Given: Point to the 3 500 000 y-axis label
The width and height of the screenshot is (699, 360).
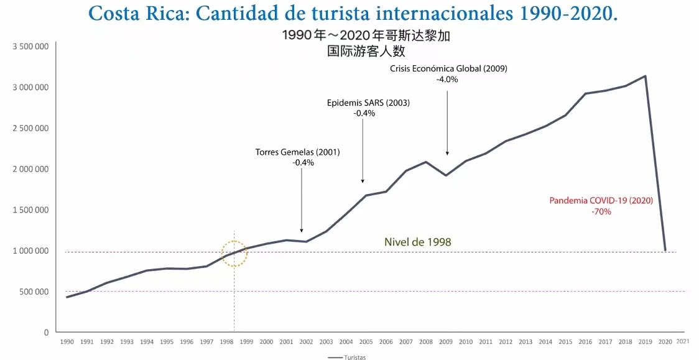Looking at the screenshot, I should point(30,47).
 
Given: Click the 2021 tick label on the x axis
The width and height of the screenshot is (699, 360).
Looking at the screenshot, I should point(682,341).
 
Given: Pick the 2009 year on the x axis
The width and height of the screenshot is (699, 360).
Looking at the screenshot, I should point(446,342).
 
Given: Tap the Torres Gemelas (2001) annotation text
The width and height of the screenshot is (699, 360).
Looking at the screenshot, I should point(298,152).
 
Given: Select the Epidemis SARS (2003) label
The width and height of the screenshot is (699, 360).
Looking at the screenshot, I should point(368,103).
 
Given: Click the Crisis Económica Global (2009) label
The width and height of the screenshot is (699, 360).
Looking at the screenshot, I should point(448,69).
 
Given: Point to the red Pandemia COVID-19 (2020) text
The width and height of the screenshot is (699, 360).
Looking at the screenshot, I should point(601,201).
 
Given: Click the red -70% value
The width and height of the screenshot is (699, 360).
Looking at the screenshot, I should point(601,211).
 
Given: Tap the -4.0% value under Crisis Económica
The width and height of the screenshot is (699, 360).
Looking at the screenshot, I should point(448,80).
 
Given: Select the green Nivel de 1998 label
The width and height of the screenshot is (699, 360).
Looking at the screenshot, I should point(417,242).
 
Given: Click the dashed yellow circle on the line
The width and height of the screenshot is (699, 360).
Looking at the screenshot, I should point(234,254).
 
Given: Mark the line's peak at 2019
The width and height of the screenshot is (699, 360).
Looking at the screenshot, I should point(646,76).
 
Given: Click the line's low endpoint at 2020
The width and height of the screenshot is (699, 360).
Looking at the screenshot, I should point(665,250).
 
